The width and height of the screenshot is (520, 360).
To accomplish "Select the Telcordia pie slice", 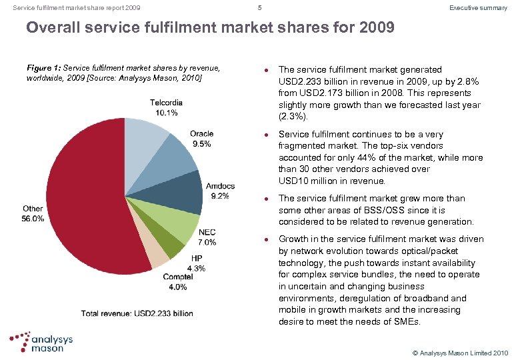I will click(145, 137).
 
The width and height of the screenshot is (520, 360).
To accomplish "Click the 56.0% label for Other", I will click(33, 218).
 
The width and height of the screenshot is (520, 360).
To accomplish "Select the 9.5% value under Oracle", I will click(201, 143).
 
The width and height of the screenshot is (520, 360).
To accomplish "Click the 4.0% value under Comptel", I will click(178, 287).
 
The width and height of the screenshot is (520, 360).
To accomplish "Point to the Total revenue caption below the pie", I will click(137, 313).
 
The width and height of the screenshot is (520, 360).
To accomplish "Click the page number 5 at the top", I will click(260, 8).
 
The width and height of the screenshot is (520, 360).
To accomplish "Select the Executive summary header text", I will click(478, 8).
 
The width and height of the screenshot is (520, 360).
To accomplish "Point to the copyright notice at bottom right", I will click(459, 352).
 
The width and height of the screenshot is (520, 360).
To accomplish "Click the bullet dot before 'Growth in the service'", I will click(266, 239).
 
